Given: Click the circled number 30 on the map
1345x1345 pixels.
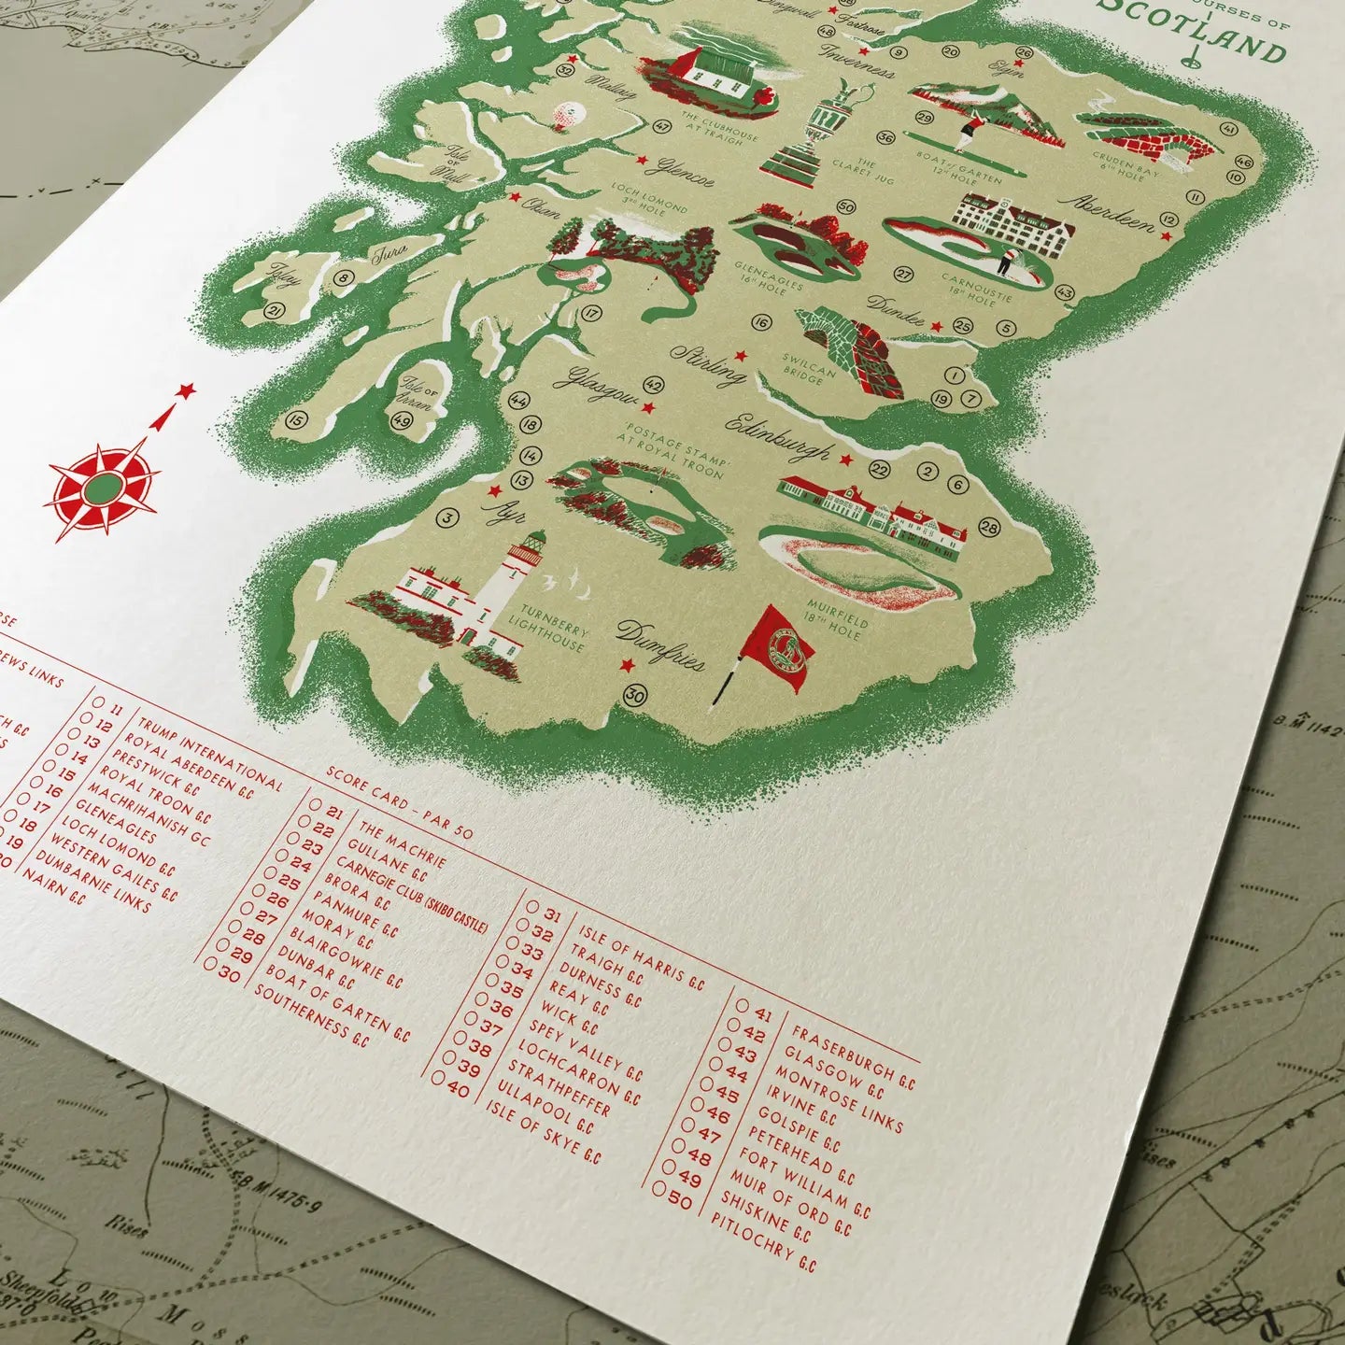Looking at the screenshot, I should pyautogui.click(x=635, y=696).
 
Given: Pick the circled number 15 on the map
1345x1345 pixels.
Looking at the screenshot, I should pyautogui.click(x=296, y=421).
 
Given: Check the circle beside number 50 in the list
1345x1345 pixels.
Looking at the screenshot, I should pyautogui.click(x=660, y=1189).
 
